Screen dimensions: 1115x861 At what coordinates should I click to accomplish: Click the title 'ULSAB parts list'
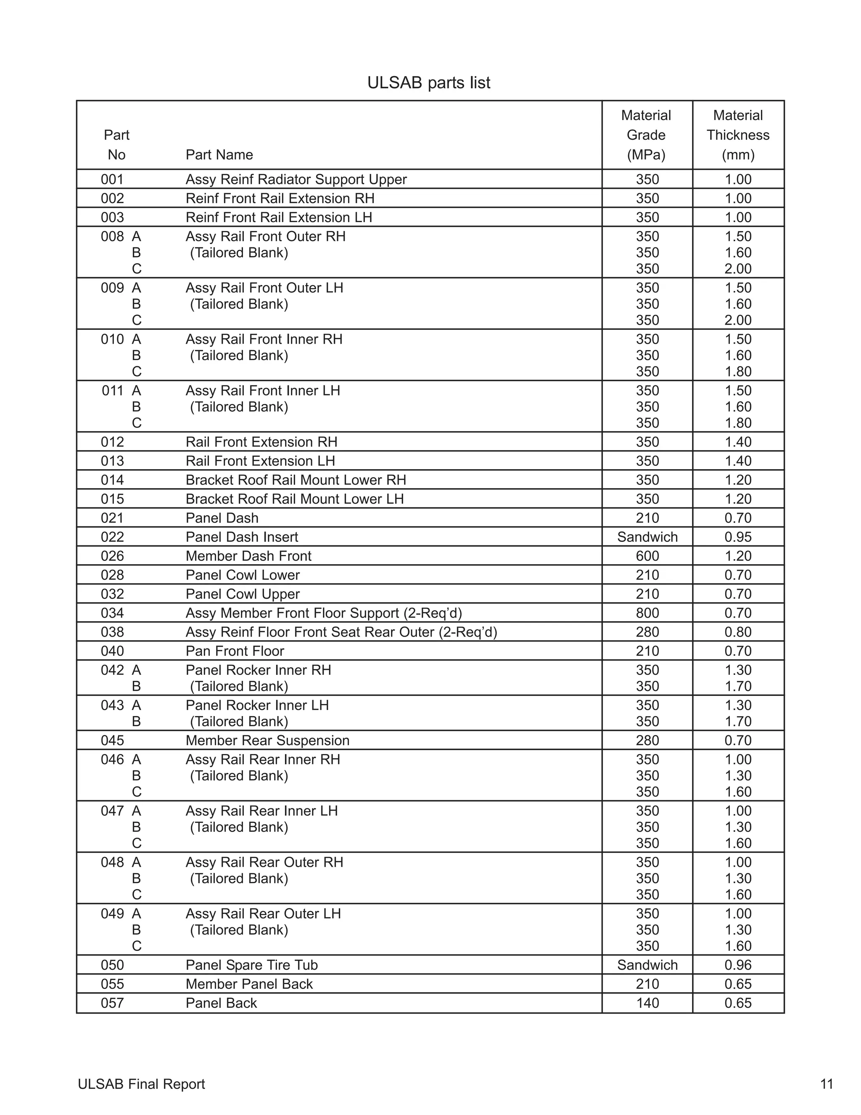[x=428, y=83]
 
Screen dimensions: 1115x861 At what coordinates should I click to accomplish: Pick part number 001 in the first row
[x=112, y=180]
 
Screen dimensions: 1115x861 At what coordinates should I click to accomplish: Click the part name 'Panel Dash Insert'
[x=241, y=537]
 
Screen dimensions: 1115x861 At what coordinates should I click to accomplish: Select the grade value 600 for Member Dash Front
[x=647, y=556]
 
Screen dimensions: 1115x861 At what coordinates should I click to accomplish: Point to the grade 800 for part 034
[x=647, y=613]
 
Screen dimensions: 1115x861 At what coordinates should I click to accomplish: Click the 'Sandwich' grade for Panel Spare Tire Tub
[x=647, y=965]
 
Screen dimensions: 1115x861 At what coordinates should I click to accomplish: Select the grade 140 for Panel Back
[x=647, y=1003]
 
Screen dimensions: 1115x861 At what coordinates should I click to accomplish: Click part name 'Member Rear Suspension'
[x=267, y=740]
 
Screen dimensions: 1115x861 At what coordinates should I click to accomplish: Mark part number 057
[x=112, y=1003]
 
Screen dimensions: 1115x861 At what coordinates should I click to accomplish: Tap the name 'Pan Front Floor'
[x=235, y=651]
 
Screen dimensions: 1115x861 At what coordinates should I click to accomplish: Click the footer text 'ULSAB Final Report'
[x=141, y=1084]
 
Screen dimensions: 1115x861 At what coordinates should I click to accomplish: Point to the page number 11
[x=826, y=1084]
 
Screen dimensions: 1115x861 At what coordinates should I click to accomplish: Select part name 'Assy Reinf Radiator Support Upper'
[x=296, y=180]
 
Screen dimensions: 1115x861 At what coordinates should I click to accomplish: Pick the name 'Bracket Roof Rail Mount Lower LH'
[x=294, y=499]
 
